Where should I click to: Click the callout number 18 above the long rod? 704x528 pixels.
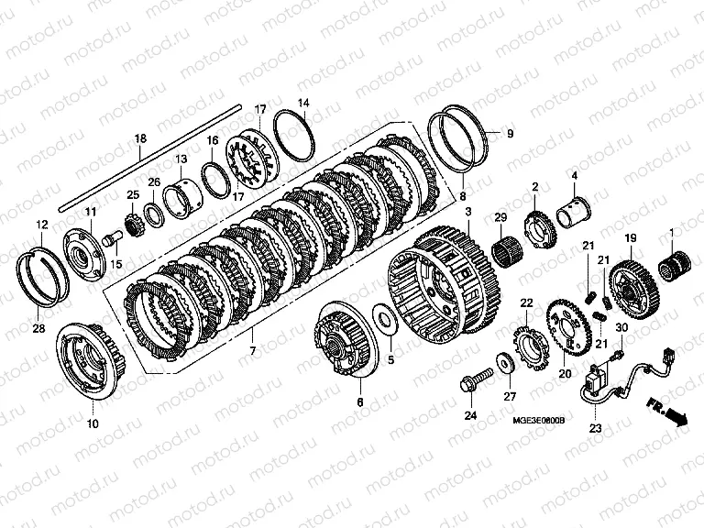click(x=140, y=138)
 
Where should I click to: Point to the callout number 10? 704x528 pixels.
click(x=92, y=423)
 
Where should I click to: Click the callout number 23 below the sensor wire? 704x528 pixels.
click(x=595, y=428)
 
